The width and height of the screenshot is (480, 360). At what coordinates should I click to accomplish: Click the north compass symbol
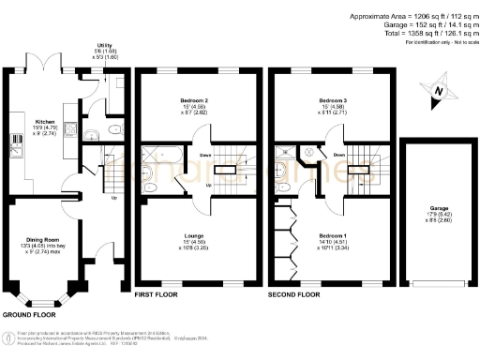[439, 92]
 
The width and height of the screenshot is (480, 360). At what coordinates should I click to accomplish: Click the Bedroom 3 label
[332, 99]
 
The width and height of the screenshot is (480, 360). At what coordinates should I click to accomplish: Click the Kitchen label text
[45, 122]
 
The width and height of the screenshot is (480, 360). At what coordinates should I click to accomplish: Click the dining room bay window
[41, 301]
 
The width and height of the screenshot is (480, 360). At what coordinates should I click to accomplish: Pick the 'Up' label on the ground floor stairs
[114, 198]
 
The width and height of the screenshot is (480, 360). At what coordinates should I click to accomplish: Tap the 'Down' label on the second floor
[339, 156]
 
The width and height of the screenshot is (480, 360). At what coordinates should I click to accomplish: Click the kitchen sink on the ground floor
[17, 143]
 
